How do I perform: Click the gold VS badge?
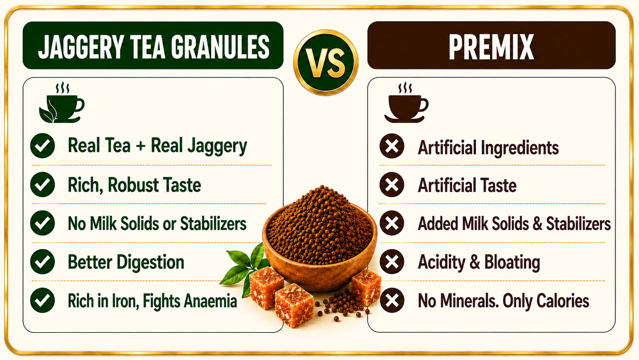click(326, 62)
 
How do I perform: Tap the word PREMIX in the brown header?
click(491, 47)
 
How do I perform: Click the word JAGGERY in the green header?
click(80, 47)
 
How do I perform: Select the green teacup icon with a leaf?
click(62, 103)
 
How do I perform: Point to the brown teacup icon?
click(406, 103)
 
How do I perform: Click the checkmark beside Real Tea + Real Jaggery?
click(42, 146)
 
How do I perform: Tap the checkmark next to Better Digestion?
click(42, 262)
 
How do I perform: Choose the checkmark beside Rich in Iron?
click(42, 300)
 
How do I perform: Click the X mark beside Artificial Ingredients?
click(392, 146)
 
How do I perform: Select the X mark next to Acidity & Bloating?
click(392, 262)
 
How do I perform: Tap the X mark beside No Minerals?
click(392, 300)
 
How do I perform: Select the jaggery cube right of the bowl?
click(366, 287)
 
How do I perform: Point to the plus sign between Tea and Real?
click(141, 146)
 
